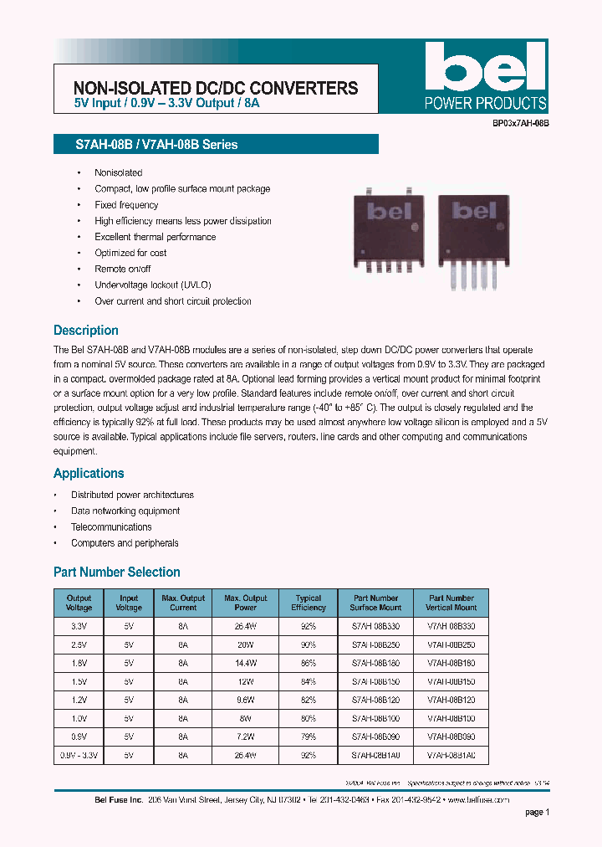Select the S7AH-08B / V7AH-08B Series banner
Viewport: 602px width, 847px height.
click(216, 145)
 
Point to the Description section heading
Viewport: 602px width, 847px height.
click(86, 331)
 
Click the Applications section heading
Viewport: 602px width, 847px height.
click(89, 474)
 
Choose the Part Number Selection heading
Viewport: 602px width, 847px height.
click(117, 572)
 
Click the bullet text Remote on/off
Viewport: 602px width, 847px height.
click(123, 269)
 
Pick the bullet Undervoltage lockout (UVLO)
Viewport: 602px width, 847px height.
click(153, 285)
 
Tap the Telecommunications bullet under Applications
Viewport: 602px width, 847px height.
click(111, 527)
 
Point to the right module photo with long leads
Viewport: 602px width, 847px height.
click(472, 239)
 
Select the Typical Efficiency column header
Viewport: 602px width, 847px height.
click(309, 603)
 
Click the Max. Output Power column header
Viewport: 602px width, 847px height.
click(246, 603)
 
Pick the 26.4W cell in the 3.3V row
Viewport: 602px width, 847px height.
click(246, 626)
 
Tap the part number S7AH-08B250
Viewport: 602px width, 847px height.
click(375, 645)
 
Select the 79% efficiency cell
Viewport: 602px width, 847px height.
click(309, 737)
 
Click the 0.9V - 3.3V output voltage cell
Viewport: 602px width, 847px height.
click(79, 756)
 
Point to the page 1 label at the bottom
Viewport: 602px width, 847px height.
click(537, 812)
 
